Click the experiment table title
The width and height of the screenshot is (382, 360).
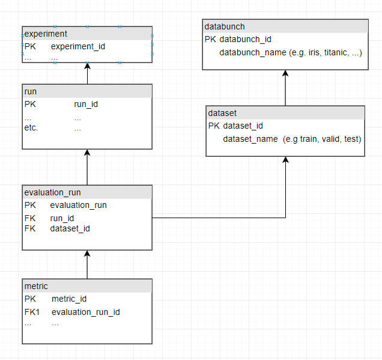tap(46, 34)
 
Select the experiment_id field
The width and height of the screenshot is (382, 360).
tap(78, 46)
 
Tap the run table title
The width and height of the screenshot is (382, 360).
tap(31, 91)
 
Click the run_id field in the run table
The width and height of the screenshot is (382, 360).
tap(86, 104)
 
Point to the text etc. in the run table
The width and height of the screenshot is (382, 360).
tap(31, 127)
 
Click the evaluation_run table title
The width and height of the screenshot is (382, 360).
tap(52, 192)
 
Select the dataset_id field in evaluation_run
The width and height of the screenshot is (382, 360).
tap(70, 228)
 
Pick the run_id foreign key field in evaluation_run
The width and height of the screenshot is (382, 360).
tap(62, 218)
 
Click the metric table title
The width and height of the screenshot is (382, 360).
tap(36, 285)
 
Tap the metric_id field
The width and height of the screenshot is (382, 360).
tap(69, 299)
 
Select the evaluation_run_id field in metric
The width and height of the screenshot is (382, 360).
tap(86, 312)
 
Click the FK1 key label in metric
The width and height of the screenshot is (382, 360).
tap(32, 312)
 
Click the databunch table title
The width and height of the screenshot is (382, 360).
tap(225, 26)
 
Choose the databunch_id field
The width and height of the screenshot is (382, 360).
tap(246, 40)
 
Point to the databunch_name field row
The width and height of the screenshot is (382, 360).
tap(290, 53)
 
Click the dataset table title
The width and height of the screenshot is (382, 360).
tap(222, 113)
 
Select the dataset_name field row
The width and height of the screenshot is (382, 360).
tap(292, 139)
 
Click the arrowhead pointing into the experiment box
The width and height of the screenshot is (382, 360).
tap(88, 67)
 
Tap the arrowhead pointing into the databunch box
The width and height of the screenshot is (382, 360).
tap(285, 74)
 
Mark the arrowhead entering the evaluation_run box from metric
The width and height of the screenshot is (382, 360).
tap(88, 254)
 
